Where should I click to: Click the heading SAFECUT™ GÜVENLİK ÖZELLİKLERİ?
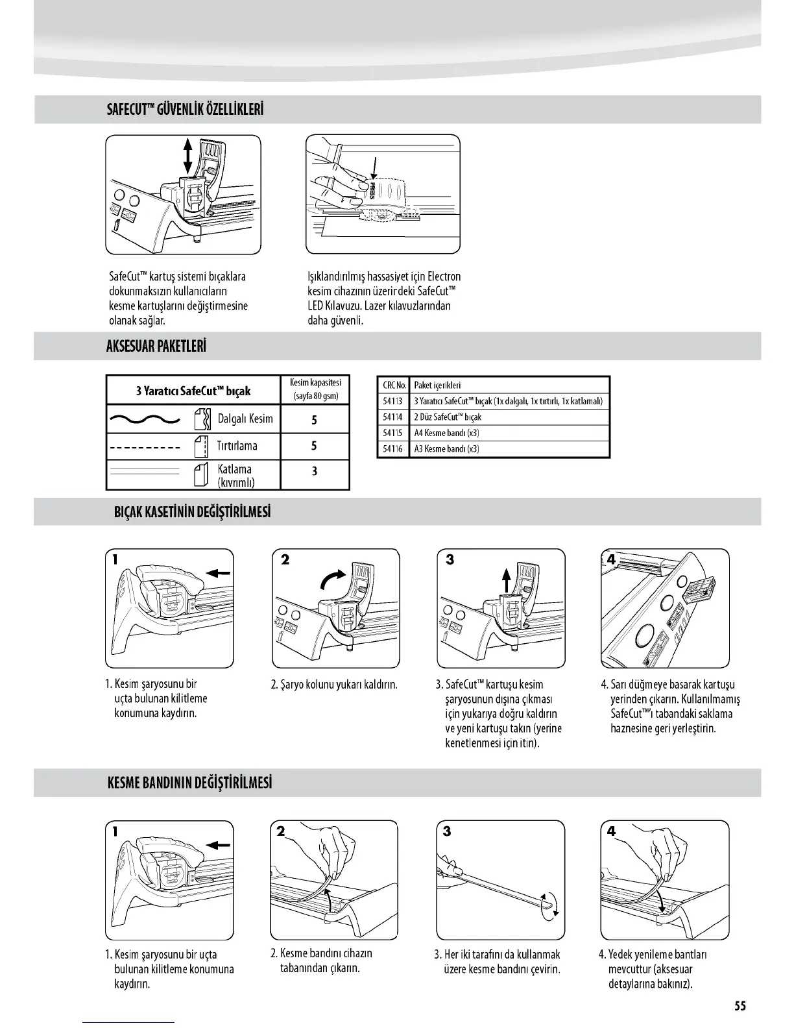(x=185, y=109)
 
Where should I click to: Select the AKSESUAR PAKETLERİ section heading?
(x=156, y=346)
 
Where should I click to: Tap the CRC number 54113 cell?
(x=392, y=401)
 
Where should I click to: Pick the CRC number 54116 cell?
(x=392, y=449)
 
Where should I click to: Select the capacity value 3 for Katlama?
(x=314, y=471)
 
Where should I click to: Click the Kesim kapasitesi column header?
(x=315, y=389)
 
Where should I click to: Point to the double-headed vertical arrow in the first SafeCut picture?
(x=187, y=155)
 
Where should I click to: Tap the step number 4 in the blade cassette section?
(x=611, y=559)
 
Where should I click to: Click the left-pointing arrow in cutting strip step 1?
(x=217, y=845)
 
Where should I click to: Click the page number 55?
(x=740, y=1006)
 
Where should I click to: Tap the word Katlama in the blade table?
(x=235, y=469)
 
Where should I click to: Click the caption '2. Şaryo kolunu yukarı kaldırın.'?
(x=334, y=685)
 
